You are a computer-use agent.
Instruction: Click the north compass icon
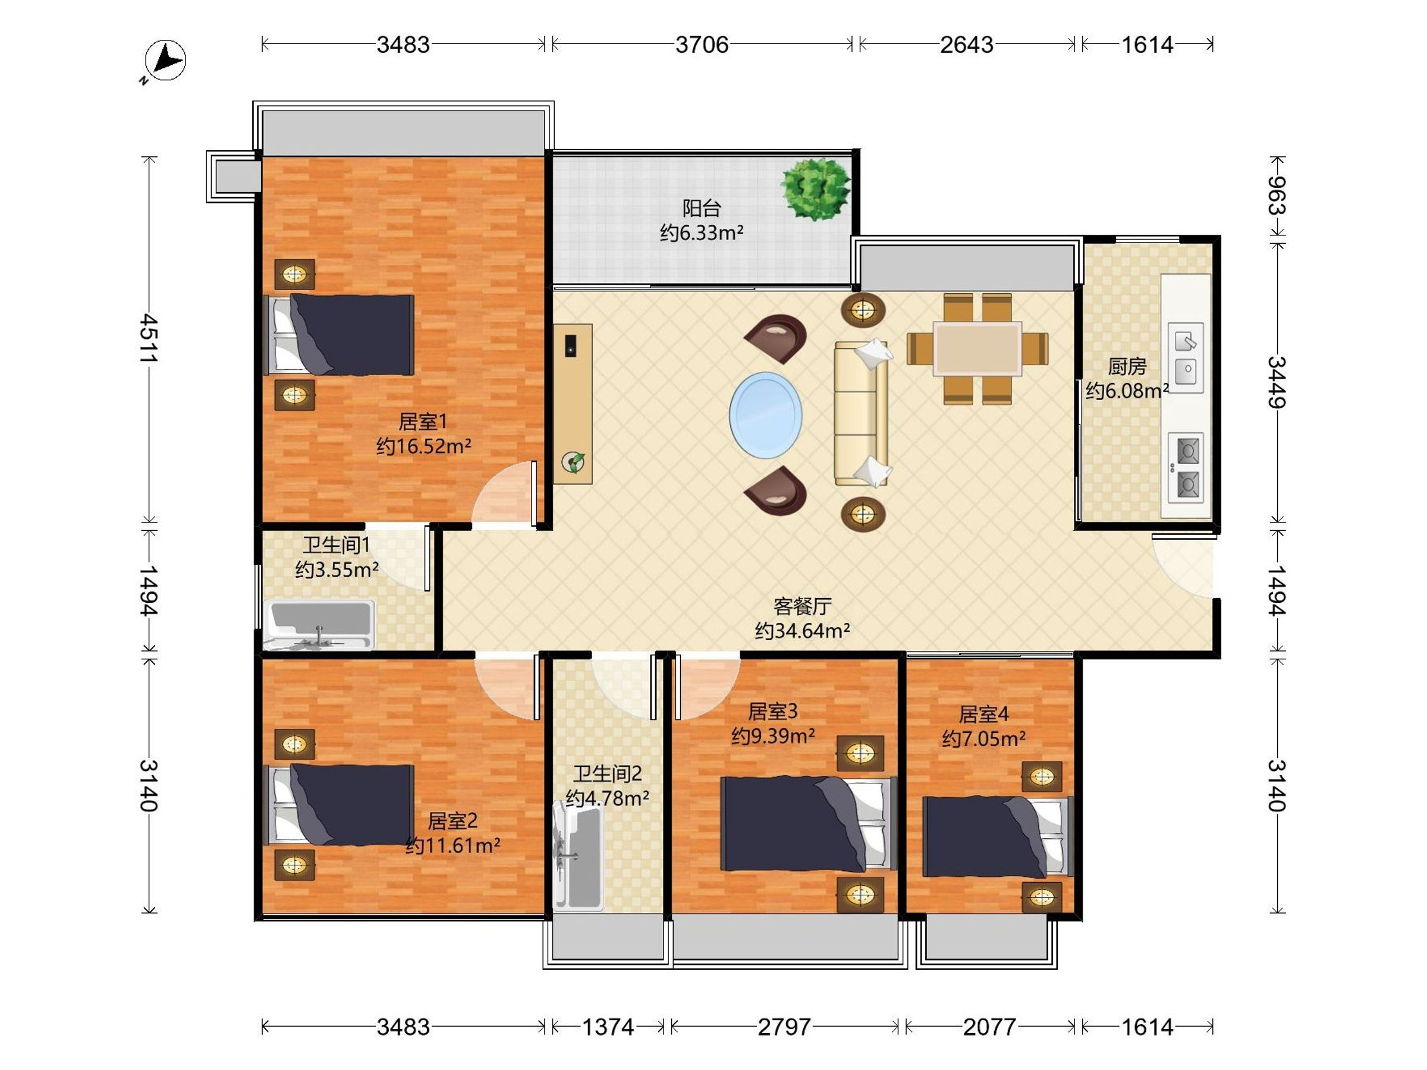pyautogui.click(x=165, y=61)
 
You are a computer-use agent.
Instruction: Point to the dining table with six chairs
pyautogui.click(x=977, y=348)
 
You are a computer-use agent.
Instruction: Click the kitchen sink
pyautogui.click(x=1186, y=357)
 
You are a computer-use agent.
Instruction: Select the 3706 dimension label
pyautogui.click(x=702, y=45)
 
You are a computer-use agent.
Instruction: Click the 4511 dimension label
pyautogui.click(x=149, y=339)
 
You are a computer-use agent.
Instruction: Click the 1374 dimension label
pyautogui.click(x=608, y=1027)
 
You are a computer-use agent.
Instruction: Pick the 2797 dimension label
pyautogui.click(x=784, y=1027)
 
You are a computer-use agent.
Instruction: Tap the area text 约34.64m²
pyautogui.click(x=802, y=630)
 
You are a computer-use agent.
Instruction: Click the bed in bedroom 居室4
pyautogui.click(x=997, y=836)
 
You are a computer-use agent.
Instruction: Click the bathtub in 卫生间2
pyautogui.click(x=578, y=855)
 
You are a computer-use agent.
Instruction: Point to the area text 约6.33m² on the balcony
pyautogui.click(x=701, y=232)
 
